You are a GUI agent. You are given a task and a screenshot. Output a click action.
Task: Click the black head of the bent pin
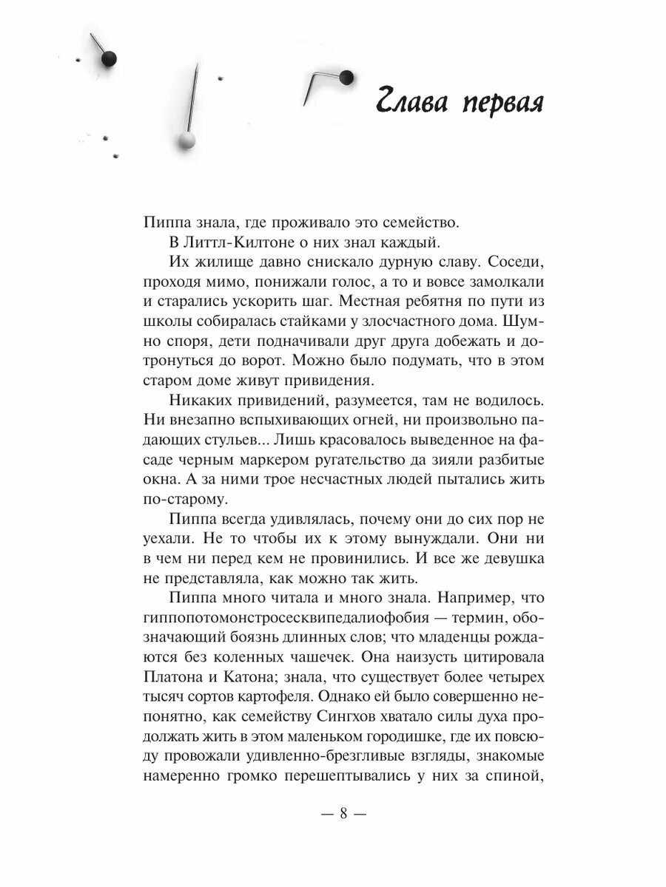coord(346,76)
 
